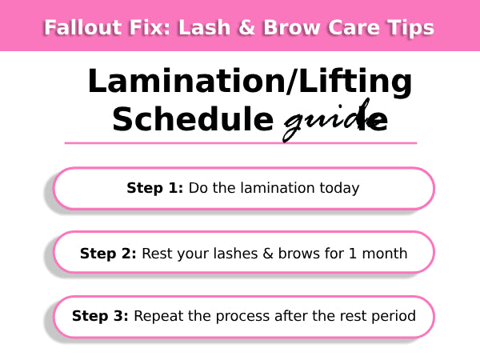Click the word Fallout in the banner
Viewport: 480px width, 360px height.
pyautogui.click(x=83, y=27)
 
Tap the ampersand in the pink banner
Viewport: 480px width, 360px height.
pyautogui.click(x=246, y=27)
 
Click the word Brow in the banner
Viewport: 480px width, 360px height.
pyautogui.click(x=292, y=27)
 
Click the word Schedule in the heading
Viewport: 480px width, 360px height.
pyautogui.click(x=193, y=119)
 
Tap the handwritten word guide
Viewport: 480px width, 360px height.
pyautogui.click(x=335, y=121)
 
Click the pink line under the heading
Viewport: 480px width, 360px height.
pyautogui.click(x=241, y=143)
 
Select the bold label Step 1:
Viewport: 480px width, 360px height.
pyautogui.click(x=155, y=188)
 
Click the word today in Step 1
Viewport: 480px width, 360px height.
pyautogui.click(x=339, y=189)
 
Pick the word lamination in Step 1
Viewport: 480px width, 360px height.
pyautogui.click(x=278, y=188)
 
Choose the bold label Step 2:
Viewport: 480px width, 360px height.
pyautogui.click(x=108, y=254)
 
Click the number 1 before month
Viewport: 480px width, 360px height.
pyautogui.click(x=353, y=254)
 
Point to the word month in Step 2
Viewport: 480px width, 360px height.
pyautogui.click(x=385, y=254)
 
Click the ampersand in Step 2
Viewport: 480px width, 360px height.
pyautogui.click(x=268, y=254)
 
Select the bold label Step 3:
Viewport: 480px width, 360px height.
pyautogui.click(x=100, y=316)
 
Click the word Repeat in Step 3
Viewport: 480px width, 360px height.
pyautogui.click(x=158, y=317)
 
